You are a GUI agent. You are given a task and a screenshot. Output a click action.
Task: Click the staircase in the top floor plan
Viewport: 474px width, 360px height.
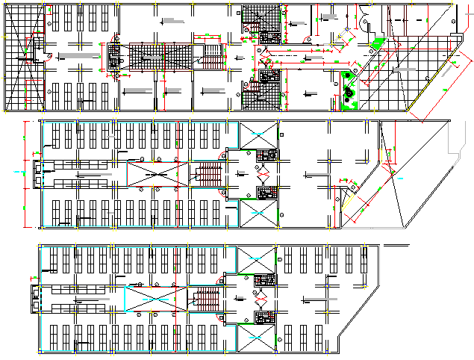[213, 56]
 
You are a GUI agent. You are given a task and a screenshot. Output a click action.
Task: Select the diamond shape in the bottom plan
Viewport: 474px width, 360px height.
[260, 299]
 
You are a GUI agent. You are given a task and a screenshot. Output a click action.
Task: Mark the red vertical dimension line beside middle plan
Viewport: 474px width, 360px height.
[25, 174]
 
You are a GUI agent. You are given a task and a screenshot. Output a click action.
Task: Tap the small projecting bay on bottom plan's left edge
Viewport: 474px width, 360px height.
[34, 297]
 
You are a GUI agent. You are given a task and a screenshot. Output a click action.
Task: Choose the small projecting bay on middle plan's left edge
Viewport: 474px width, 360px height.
[35, 173]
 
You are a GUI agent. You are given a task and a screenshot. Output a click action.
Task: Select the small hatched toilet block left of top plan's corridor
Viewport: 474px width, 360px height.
[114, 58]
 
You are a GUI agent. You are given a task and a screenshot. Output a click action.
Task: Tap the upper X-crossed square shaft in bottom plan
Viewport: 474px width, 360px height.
[255, 261]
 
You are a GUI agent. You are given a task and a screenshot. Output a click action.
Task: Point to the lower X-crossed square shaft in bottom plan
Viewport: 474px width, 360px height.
[255, 338]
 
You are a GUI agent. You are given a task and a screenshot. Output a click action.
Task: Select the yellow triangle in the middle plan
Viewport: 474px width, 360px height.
[346, 199]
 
